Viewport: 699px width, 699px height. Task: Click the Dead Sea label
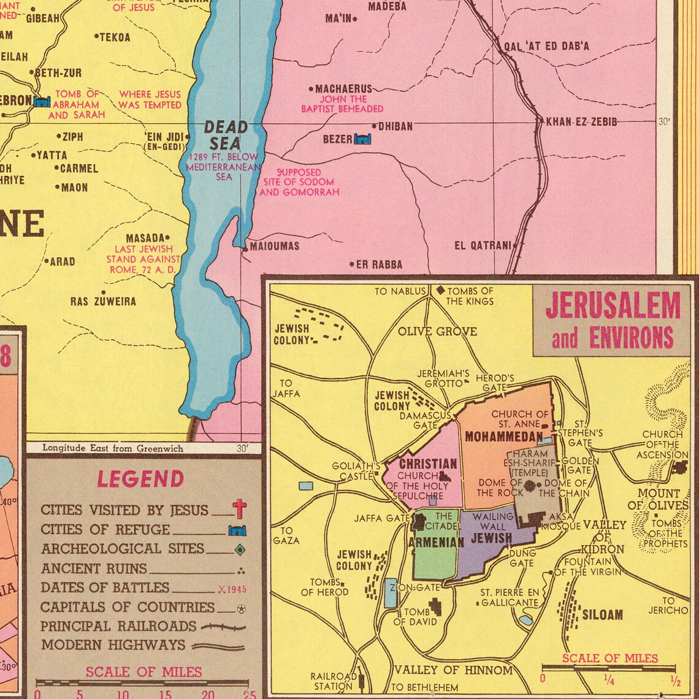pos(224,136)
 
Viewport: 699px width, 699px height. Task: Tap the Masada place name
pos(145,238)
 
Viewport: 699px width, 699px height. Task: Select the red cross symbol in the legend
pos(239,509)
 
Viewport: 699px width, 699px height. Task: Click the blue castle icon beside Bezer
pos(362,139)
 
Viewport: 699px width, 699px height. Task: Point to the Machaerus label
pos(343,89)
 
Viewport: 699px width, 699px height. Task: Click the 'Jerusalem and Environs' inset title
pos(612,320)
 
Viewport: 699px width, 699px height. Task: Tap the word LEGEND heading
pos(140,479)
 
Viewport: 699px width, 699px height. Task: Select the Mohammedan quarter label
pos(503,437)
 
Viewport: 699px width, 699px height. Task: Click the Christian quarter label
pos(428,464)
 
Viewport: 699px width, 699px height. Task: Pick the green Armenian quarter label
pos(436,542)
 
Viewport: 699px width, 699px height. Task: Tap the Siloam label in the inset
pos(602,614)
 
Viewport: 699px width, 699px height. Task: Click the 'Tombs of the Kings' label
pos(470,296)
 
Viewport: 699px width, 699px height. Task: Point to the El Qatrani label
pos(483,246)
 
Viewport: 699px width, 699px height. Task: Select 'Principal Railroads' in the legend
pos(118,626)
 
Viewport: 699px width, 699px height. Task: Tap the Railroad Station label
pos(334,681)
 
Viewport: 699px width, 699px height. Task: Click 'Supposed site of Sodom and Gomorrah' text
pos(299,182)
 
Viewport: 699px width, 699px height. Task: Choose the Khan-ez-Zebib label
pos(581,122)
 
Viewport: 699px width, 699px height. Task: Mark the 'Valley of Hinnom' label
pos(453,670)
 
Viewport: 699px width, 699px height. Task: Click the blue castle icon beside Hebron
pos(42,101)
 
